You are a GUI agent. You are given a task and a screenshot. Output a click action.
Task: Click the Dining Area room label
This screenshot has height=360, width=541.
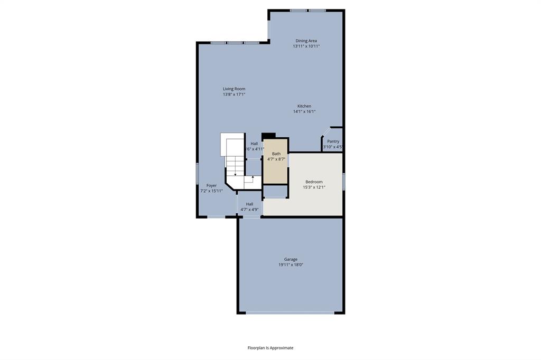click(306, 41)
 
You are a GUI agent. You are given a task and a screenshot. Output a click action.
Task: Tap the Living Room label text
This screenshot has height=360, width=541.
click(234, 89)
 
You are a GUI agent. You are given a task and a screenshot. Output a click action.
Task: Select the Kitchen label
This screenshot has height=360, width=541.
click(304, 106)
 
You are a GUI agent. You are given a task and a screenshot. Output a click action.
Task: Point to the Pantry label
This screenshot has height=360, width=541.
click(333, 141)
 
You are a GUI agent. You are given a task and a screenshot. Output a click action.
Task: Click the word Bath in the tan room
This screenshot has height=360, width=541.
click(276, 154)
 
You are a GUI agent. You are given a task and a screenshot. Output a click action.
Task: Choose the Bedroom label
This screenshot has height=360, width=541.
click(314, 182)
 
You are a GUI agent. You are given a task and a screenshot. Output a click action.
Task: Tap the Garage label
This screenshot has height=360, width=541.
click(291, 259)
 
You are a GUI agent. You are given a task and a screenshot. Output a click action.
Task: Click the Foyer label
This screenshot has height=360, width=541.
click(211, 185)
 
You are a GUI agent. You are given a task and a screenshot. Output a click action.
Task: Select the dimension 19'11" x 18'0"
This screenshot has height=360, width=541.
click(291, 265)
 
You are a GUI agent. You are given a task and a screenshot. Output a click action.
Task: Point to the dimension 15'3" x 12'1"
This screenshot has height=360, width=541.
click(314, 187)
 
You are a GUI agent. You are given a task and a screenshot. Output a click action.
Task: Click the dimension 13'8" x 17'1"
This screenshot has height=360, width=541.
click(234, 94)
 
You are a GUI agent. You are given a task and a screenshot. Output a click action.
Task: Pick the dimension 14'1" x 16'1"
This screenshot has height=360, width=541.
click(304, 111)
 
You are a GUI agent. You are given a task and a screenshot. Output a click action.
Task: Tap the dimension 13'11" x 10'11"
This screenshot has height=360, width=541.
click(306, 46)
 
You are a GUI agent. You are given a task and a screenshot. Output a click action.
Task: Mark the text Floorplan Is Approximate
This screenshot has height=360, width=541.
click(270, 348)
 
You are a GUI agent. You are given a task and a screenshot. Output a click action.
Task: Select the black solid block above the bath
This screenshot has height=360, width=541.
click(268, 136)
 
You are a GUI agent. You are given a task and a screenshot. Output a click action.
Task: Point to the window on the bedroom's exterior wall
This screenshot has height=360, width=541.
click(344, 182)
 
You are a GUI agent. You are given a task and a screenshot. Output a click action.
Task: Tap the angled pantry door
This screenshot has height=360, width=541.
click(326, 132)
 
